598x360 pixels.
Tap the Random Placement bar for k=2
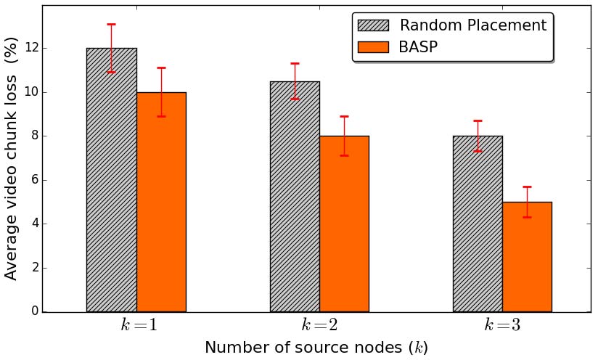pos(295,196)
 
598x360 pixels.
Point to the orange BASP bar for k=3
pos(527,257)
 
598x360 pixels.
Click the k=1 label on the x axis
pos(138,325)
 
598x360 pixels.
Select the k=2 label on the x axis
pos(321,325)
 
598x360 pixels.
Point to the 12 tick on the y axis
pos(31,49)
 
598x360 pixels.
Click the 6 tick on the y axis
pos(34,180)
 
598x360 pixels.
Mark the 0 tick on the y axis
pos(34,311)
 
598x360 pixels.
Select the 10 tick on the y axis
pos(31,92)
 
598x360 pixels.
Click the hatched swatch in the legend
pos(374,25)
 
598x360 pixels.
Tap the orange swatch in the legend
pos(374,47)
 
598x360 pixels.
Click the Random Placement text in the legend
pos(473,25)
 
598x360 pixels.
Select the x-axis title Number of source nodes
pos(316,348)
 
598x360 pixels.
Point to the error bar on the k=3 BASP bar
pos(527,202)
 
